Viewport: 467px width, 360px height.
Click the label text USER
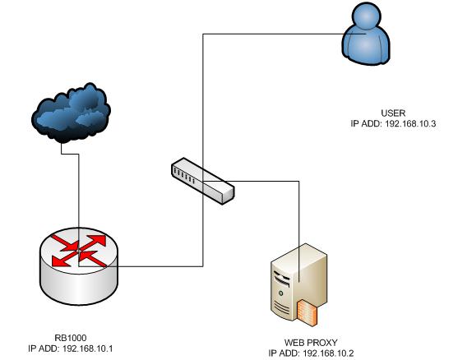[x=395, y=112]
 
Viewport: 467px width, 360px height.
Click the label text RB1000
[x=68, y=337]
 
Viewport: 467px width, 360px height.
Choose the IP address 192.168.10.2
[x=324, y=353]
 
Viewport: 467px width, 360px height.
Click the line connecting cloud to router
[x=79, y=181]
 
